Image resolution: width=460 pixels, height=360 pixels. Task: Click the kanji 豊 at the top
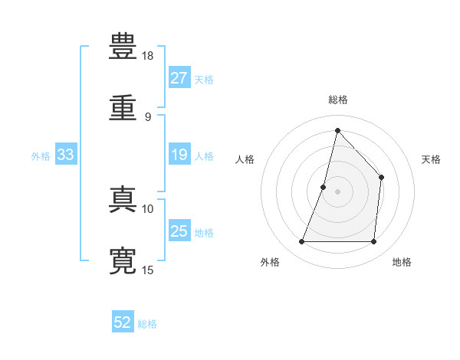click(123, 46)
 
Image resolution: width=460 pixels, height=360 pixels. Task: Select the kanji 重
click(123, 107)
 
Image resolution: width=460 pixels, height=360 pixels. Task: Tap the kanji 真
click(123, 199)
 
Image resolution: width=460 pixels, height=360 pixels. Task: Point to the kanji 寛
click(123, 260)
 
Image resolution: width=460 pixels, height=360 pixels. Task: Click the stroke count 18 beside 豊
click(147, 56)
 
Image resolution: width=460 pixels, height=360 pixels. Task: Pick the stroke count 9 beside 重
click(148, 117)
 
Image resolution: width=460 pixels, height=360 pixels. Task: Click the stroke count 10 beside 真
click(147, 209)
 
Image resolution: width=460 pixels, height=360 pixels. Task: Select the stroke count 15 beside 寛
click(147, 270)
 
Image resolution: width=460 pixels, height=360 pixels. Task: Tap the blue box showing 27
click(179, 77)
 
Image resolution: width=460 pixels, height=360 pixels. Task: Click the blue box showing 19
click(179, 154)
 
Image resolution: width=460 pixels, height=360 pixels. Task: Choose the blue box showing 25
click(179, 230)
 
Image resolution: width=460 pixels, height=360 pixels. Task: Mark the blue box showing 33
click(66, 154)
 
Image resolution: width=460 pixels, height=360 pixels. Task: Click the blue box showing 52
click(123, 321)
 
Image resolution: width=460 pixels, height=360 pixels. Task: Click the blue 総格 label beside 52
click(147, 324)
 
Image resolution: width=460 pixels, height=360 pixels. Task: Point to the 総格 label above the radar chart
click(338, 100)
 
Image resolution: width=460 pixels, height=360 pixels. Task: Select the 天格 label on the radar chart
click(431, 159)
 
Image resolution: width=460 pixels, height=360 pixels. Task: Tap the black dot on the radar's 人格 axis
click(323, 187)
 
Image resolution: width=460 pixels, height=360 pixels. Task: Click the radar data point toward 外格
click(301, 241)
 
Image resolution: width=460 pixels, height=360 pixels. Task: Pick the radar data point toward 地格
click(373, 241)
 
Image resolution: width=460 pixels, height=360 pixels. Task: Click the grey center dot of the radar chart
click(337, 191)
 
